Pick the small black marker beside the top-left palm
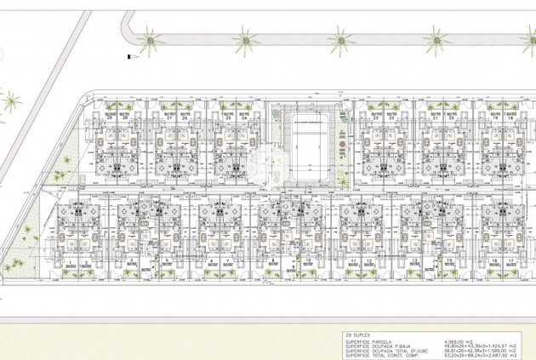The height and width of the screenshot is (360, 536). click(x=128, y=56)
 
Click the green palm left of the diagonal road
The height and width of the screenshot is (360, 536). click(x=11, y=102)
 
